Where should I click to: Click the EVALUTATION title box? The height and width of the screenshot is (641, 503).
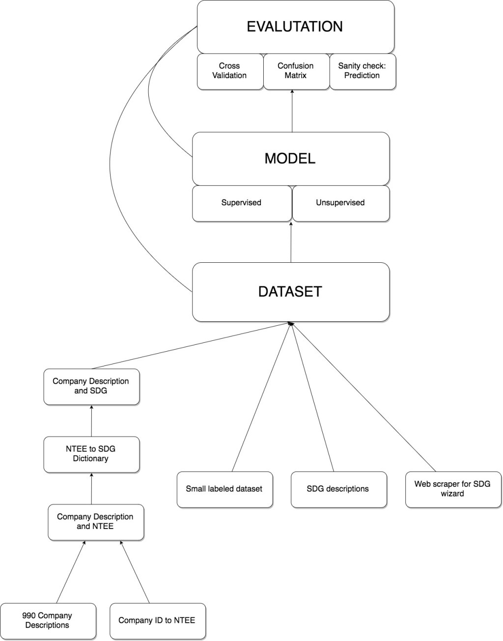pyautogui.click(x=295, y=27)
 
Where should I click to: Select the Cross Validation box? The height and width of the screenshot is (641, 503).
pyautogui.click(x=229, y=71)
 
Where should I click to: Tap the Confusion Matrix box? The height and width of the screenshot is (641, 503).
pyautogui.click(x=296, y=71)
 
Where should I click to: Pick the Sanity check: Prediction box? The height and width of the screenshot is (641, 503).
pyautogui.click(x=362, y=71)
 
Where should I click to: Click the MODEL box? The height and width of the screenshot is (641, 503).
pyautogui.click(x=290, y=158)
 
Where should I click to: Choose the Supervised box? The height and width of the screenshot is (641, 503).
pyautogui.click(x=241, y=203)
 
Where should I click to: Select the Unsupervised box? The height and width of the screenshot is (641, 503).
pyautogui.click(x=340, y=203)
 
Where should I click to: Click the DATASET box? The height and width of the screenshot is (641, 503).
pyautogui.click(x=290, y=292)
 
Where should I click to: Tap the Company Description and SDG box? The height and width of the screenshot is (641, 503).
pyautogui.click(x=91, y=387)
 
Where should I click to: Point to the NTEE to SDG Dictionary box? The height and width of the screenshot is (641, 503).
pyautogui.click(x=91, y=454)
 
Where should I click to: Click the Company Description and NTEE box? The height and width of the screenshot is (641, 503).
pyautogui.click(x=95, y=522)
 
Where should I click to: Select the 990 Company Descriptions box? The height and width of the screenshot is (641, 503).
pyautogui.click(x=48, y=621)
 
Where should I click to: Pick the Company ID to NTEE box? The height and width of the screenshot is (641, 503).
pyautogui.click(x=157, y=621)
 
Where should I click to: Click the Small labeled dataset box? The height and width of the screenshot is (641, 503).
pyautogui.click(x=224, y=489)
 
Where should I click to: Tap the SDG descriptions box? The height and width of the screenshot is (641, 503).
pyautogui.click(x=338, y=489)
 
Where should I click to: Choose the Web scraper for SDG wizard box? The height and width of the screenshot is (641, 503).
pyautogui.click(x=452, y=489)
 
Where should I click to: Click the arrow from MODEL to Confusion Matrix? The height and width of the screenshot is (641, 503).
pyautogui.click(x=292, y=111)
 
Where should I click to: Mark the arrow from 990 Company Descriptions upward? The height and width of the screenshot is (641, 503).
pyautogui.click(x=71, y=573)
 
